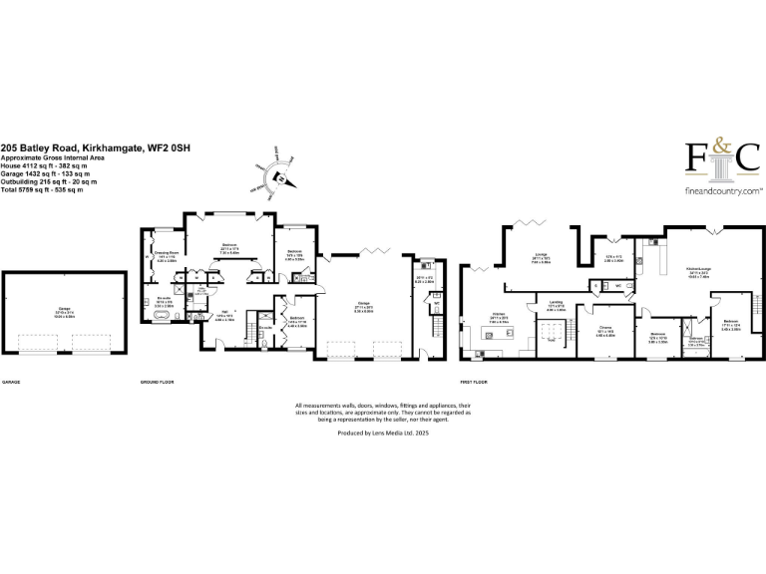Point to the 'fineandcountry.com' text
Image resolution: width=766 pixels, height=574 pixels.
point(722,189)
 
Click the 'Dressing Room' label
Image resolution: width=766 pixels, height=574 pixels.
point(166,253)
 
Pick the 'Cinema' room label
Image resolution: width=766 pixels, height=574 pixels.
point(604,326)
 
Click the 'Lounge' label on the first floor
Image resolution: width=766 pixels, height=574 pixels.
point(542,254)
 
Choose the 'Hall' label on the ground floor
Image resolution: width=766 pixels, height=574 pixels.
point(224,311)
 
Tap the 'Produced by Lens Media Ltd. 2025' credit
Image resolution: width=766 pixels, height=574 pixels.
point(383,433)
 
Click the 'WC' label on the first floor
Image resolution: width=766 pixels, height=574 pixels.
point(617,286)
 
